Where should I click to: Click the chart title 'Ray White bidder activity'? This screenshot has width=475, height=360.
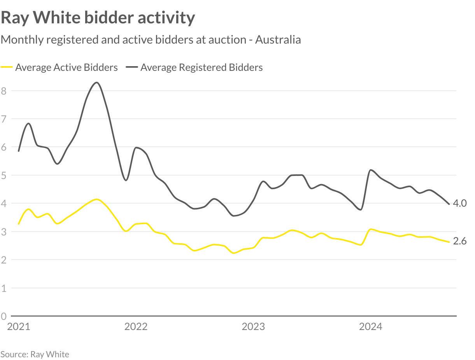click(98, 18)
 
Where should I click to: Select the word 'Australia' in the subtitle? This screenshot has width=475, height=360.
click(278, 40)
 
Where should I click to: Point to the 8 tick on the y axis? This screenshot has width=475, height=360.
click(4, 91)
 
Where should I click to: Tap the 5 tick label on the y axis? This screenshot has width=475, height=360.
click(4, 175)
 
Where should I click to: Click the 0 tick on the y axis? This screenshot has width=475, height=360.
click(4, 316)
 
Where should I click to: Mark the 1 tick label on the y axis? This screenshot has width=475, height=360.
click(4, 288)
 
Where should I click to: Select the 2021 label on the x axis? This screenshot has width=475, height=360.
click(18, 327)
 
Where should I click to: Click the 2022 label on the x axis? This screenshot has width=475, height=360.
click(136, 327)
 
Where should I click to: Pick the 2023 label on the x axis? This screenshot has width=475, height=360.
click(253, 327)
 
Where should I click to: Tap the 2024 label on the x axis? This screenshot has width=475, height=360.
click(370, 327)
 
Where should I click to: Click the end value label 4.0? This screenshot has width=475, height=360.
click(459, 203)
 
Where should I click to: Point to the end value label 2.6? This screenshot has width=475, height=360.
click(459, 241)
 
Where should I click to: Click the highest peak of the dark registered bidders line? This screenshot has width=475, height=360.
click(97, 83)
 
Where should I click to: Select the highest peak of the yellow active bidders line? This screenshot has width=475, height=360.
click(96, 199)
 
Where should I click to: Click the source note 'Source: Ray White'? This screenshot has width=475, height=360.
click(35, 354)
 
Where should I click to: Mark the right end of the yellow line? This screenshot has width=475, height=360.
click(449, 242)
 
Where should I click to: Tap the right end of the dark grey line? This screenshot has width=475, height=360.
click(449, 204)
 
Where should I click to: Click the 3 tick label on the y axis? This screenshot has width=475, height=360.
click(4, 232)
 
